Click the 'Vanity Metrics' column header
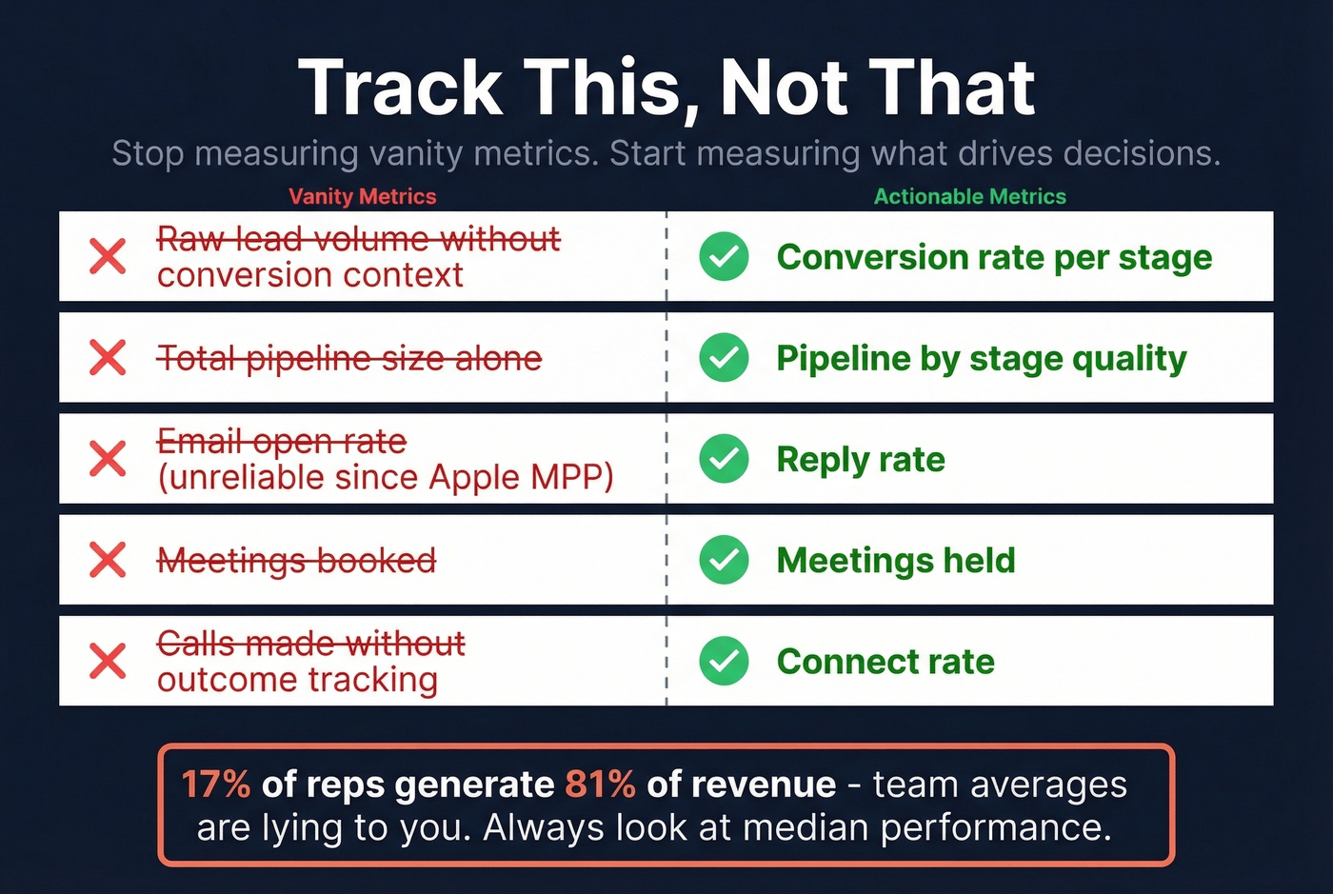tap(362, 196)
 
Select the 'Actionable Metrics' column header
tap(969, 196)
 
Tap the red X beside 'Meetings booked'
tap(108, 560)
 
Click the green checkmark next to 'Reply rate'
tap(724, 459)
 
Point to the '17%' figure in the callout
tap(216, 785)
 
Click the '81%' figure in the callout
tap(600, 785)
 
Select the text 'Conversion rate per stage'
tap(994, 257)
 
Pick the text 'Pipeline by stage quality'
tap(981, 358)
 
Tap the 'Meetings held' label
tap(895, 560)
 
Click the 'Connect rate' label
tap(885, 661)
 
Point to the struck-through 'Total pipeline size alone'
tap(349, 358)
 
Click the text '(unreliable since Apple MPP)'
tap(386, 477)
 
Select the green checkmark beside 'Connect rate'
tap(724, 661)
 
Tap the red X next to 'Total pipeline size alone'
tap(108, 358)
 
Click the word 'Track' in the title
tap(400, 88)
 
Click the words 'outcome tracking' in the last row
tap(297, 680)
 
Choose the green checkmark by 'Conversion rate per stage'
tap(724, 257)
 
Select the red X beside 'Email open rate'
tap(108, 459)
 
